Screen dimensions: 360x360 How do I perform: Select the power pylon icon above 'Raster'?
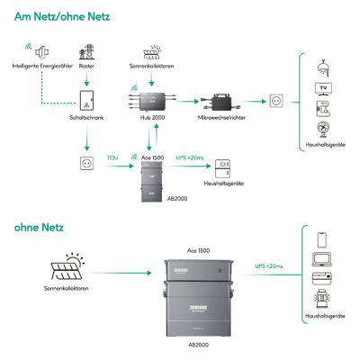point(87,52)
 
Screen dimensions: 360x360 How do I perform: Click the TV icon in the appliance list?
point(323,88)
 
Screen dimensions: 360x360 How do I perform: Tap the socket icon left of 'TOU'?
point(87,165)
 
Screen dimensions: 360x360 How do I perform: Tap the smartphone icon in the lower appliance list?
point(323,240)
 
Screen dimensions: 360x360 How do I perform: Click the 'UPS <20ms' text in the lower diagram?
point(265,267)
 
